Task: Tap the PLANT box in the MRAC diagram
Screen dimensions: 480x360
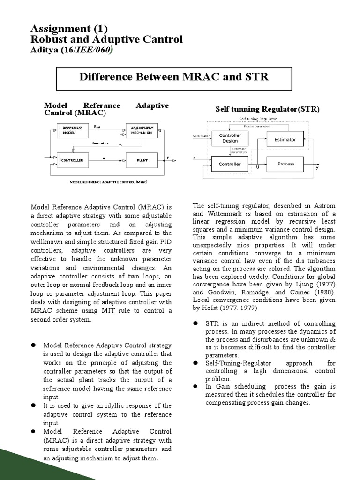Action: pos(142,160)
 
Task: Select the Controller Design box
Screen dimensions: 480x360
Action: pos(230,138)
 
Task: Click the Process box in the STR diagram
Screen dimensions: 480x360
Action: pos(286,164)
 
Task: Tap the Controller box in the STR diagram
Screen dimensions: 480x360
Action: pos(230,164)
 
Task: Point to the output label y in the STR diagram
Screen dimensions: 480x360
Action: pos(317,168)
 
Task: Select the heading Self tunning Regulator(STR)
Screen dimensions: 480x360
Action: pos(267,109)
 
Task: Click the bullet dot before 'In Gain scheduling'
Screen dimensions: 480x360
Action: pos(195,386)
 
